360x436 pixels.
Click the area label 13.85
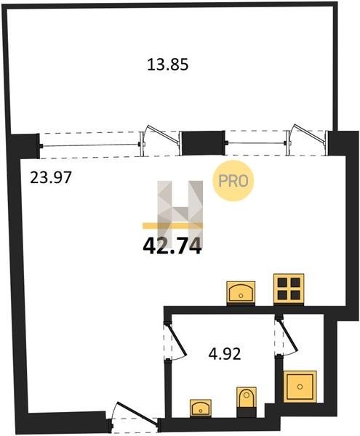167,65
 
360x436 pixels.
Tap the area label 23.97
51,177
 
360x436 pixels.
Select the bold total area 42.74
172,247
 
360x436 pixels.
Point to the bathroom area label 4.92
225,355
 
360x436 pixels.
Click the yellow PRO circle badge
233,181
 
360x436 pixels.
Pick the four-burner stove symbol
289,288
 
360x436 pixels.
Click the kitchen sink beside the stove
241,292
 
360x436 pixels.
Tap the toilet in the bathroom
247,397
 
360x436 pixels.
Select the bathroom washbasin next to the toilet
200,408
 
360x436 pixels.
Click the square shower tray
300,387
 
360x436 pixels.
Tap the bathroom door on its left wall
175,342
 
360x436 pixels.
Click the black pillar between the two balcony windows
203,143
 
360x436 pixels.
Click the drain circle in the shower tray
300,387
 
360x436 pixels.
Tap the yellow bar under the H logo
172,225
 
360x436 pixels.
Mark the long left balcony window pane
90,145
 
